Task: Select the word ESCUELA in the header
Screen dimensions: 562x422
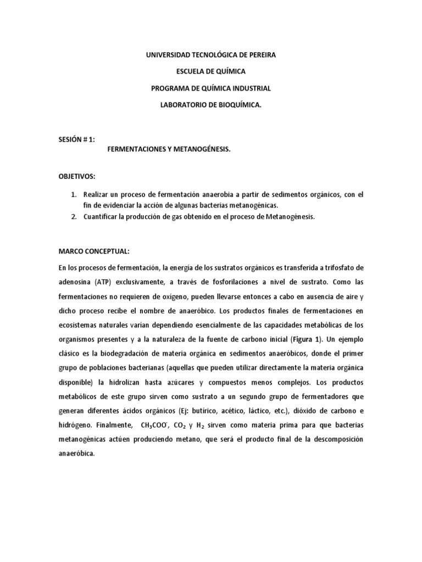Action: pyautogui.click(x=190, y=71)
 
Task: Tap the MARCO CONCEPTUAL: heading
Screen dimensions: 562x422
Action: pyautogui.click(x=94, y=252)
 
